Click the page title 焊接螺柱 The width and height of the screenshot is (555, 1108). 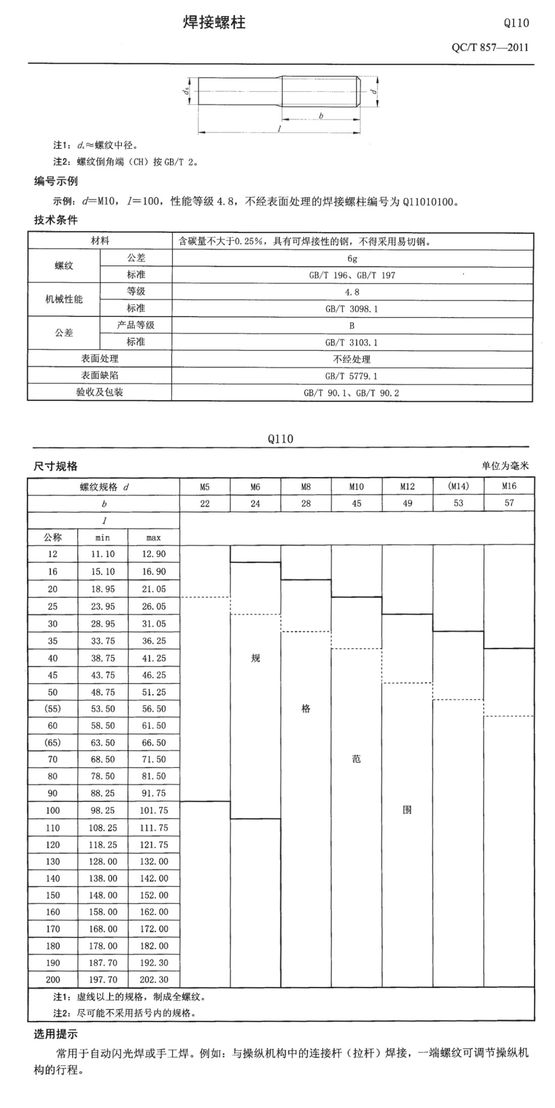pyautogui.click(x=214, y=23)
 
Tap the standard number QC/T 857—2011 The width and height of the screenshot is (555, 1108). pyautogui.click(x=490, y=47)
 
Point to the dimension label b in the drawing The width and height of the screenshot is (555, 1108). pyautogui.click(x=321, y=116)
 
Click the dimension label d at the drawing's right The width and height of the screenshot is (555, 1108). pyautogui.click(x=372, y=91)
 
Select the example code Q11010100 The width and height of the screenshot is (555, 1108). pyautogui.click(x=430, y=202)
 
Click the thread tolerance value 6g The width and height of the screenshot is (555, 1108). pyautogui.click(x=352, y=258)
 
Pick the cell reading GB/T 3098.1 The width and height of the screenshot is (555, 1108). pyautogui.click(x=352, y=309)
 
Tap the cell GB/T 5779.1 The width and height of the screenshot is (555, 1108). pyautogui.click(x=352, y=376)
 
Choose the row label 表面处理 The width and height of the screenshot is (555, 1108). pyautogui.click(x=100, y=358)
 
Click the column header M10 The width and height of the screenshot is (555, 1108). pyautogui.click(x=356, y=487)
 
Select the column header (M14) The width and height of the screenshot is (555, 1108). pyautogui.click(x=458, y=486)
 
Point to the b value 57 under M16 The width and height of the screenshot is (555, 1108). pyautogui.click(x=509, y=503)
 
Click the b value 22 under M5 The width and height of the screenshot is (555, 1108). pyautogui.click(x=204, y=503)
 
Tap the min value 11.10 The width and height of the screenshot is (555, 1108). pyautogui.click(x=103, y=554)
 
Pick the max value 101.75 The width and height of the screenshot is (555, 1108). pyautogui.click(x=154, y=810)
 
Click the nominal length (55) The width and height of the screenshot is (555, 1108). pyautogui.click(x=52, y=709)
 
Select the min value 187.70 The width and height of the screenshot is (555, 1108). pyautogui.click(x=103, y=963)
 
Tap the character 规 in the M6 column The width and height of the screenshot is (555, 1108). pyautogui.click(x=255, y=658)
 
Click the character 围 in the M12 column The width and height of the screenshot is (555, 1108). pyautogui.click(x=407, y=810)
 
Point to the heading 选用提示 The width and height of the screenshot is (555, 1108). pyautogui.click(x=55, y=1034)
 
